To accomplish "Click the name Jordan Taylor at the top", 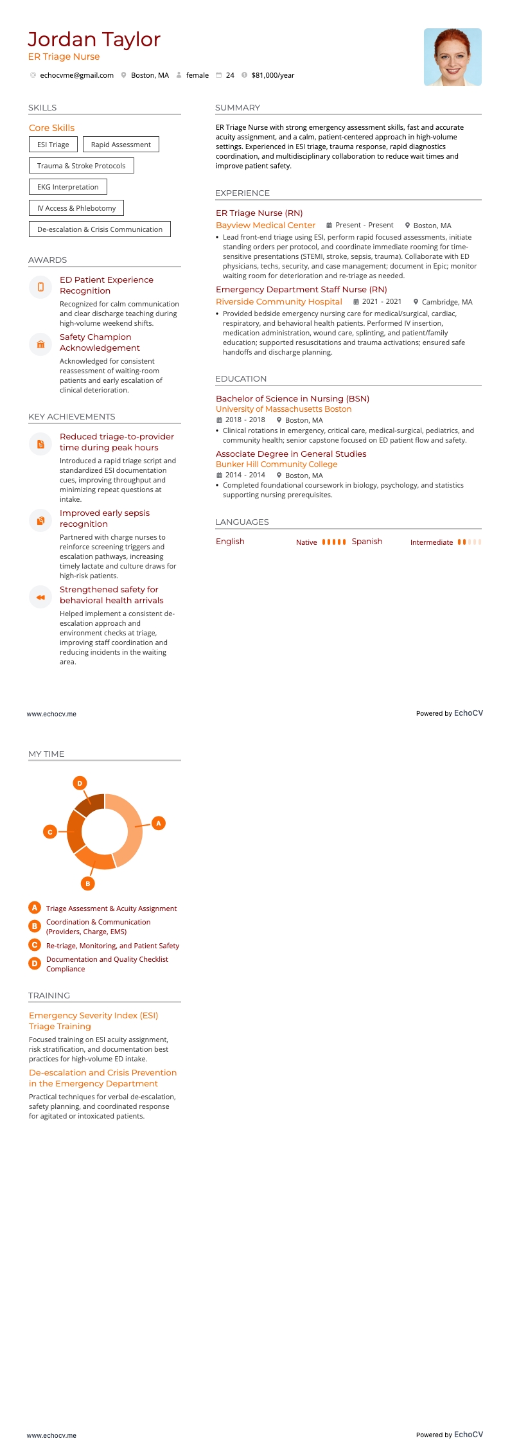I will (x=94, y=40).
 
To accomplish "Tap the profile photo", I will (x=452, y=57).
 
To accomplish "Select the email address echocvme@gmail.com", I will (x=76, y=75).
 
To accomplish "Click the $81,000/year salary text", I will (x=272, y=75).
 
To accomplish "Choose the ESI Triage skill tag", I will (x=53, y=145).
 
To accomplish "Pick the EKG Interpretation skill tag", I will (x=67, y=187).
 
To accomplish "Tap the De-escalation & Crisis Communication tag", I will (x=100, y=229).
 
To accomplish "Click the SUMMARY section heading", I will (x=238, y=108).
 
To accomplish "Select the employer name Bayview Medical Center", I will (x=265, y=226).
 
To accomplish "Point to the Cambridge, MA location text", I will (x=446, y=302).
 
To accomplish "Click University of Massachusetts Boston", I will (x=283, y=409).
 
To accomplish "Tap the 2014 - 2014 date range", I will (x=245, y=475).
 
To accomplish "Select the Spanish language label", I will (x=367, y=542).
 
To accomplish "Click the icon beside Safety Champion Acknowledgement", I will (x=40, y=344).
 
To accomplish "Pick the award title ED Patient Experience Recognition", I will (x=106, y=285).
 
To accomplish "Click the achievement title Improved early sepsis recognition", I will (x=104, y=518).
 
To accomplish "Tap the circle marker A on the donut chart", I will (x=159, y=823).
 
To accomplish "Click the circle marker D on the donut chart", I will (x=80, y=783).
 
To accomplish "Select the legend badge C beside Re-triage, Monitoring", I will (x=35, y=945).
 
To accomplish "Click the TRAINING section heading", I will (x=49, y=995).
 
